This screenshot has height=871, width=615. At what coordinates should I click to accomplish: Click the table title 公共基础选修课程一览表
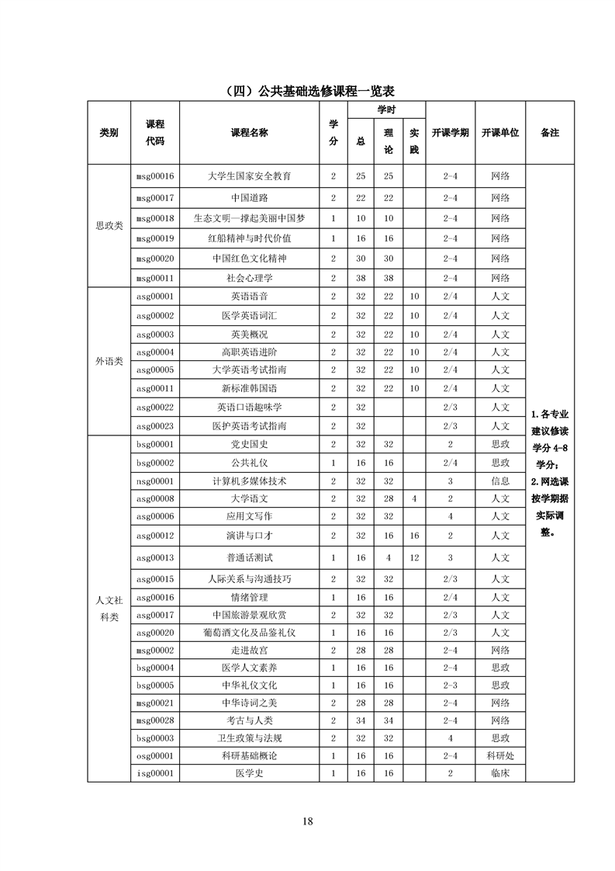click(x=308, y=91)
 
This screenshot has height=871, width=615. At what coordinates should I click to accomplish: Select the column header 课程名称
click(x=249, y=133)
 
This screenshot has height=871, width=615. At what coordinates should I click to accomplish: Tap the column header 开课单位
click(x=499, y=133)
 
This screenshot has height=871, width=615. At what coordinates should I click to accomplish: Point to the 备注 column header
click(x=550, y=133)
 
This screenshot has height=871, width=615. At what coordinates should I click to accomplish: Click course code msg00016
click(x=155, y=176)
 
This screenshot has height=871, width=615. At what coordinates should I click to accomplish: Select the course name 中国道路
click(x=249, y=198)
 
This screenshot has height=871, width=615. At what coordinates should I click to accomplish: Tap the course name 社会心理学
click(x=249, y=278)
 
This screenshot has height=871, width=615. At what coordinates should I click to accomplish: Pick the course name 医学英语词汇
click(x=249, y=316)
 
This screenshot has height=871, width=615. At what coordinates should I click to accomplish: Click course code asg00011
click(x=155, y=388)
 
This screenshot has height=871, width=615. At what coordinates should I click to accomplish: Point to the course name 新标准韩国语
click(x=249, y=388)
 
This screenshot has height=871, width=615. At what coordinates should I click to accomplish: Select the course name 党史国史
click(x=249, y=445)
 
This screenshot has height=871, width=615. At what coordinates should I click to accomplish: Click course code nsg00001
click(x=155, y=481)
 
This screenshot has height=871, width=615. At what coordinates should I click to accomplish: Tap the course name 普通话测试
click(x=249, y=557)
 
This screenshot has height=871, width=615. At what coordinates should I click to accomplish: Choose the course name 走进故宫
click(x=249, y=650)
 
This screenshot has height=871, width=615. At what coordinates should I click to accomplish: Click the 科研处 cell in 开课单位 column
click(x=499, y=755)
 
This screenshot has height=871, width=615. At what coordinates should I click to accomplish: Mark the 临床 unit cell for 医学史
click(x=499, y=773)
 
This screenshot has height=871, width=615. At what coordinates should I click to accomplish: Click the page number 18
click(x=308, y=822)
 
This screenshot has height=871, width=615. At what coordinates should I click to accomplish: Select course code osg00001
click(x=155, y=755)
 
